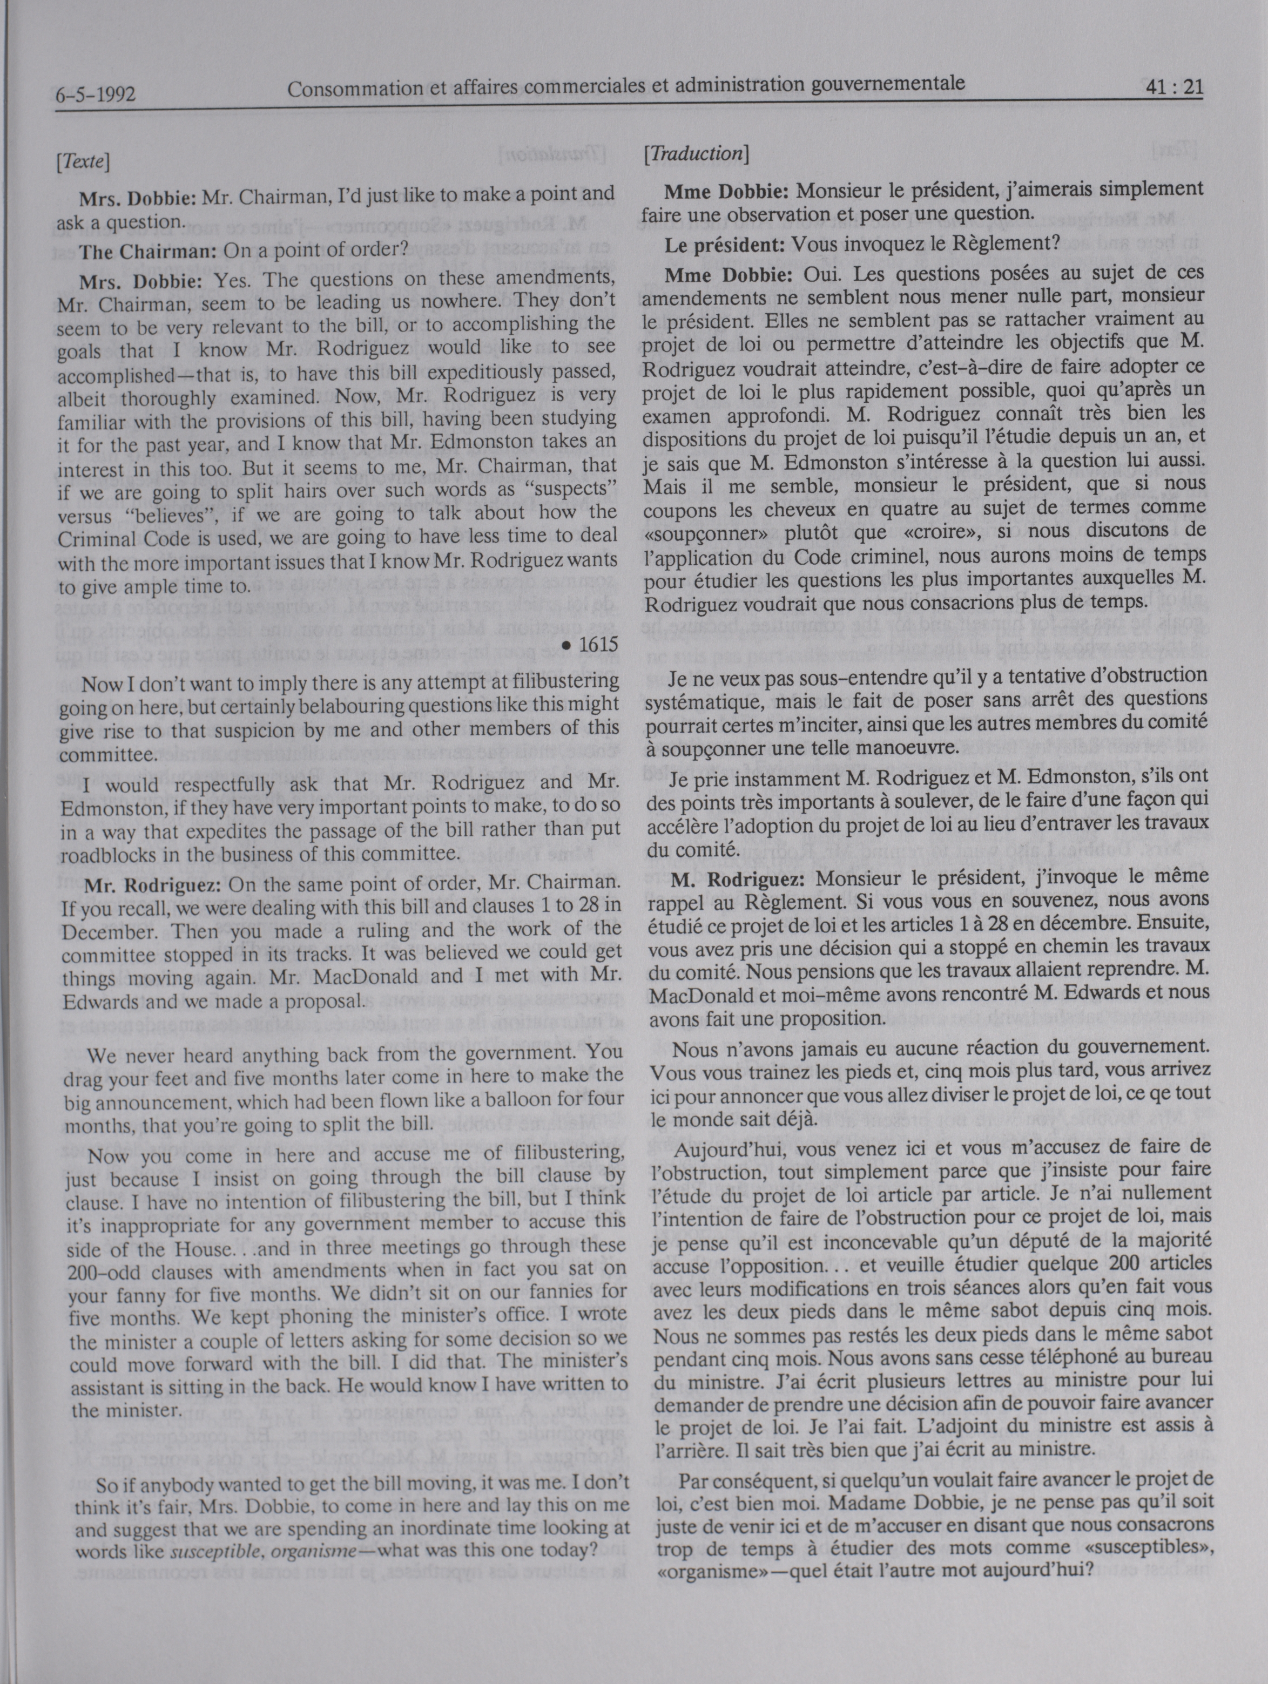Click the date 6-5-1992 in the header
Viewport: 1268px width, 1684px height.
click(x=95, y=95)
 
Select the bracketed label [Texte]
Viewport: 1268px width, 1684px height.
click(x=85, y=161)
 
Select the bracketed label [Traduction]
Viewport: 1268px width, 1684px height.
click(x=696, y=154)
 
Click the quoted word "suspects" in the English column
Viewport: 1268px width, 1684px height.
click(x=569, y=489)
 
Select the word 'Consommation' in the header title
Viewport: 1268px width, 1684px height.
click(x=347, y=91)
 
